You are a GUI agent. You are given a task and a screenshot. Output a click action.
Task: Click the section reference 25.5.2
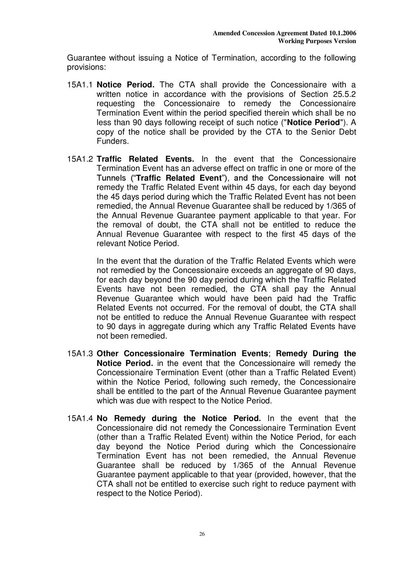click(x=342, y=94)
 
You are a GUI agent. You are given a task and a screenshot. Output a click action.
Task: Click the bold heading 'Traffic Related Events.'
click(x=145, y=159)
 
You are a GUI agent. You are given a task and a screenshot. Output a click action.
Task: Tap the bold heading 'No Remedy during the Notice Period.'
click(x=179, y=418)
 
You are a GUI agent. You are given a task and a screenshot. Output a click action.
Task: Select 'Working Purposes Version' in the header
click(x=317, y=41)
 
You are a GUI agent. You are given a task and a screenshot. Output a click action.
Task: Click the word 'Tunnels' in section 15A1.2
click(x=111, y=178)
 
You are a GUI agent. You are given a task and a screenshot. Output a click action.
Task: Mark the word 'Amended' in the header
click(x=226, y=33)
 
